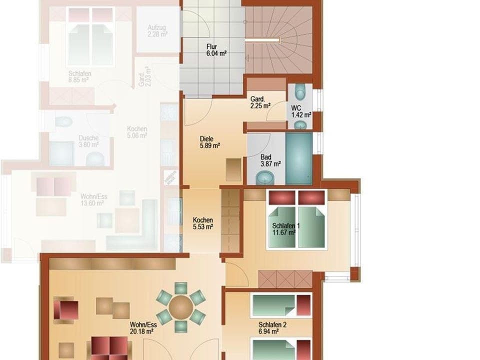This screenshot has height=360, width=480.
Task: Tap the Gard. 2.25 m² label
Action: (260, 102)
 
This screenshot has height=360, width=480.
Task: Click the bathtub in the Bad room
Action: (299, 158)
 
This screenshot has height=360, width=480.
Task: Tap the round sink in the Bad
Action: (264, 177)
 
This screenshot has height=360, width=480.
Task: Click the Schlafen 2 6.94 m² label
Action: (272, 328)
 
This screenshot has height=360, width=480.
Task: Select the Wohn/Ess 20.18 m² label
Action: (143, 327)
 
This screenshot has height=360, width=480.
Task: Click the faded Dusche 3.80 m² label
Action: (88, 141)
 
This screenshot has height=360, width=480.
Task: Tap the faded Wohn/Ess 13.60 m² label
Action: (92, 200)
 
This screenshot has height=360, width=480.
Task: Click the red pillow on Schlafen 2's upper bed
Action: (303, 305)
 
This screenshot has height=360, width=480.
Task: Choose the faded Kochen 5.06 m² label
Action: (136, 132)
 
